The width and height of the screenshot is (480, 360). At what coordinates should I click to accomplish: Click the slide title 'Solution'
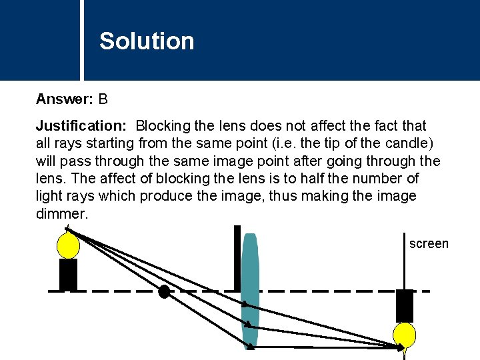coord(147,41)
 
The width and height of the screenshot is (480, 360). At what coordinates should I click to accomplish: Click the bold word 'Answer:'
coord(65,100)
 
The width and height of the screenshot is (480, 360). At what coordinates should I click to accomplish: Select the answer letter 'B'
coord(103,100)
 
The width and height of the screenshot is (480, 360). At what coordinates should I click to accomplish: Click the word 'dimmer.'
coord(62,214)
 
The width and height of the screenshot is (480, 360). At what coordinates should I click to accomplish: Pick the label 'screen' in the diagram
coord(429,244)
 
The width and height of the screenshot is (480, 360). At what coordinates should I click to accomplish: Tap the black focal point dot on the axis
coord(164,291)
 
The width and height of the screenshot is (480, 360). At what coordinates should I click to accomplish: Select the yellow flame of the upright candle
coord(68,244)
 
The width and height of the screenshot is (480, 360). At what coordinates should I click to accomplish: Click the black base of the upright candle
coord(68,274)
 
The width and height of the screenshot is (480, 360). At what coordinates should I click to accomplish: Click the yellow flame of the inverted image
coord(404,335)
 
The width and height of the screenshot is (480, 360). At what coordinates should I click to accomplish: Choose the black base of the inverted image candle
coord(405,306)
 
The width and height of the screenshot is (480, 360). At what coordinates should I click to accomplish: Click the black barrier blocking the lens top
coord(237,258)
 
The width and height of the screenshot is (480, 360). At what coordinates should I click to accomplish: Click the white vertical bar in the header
coord(83,40)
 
